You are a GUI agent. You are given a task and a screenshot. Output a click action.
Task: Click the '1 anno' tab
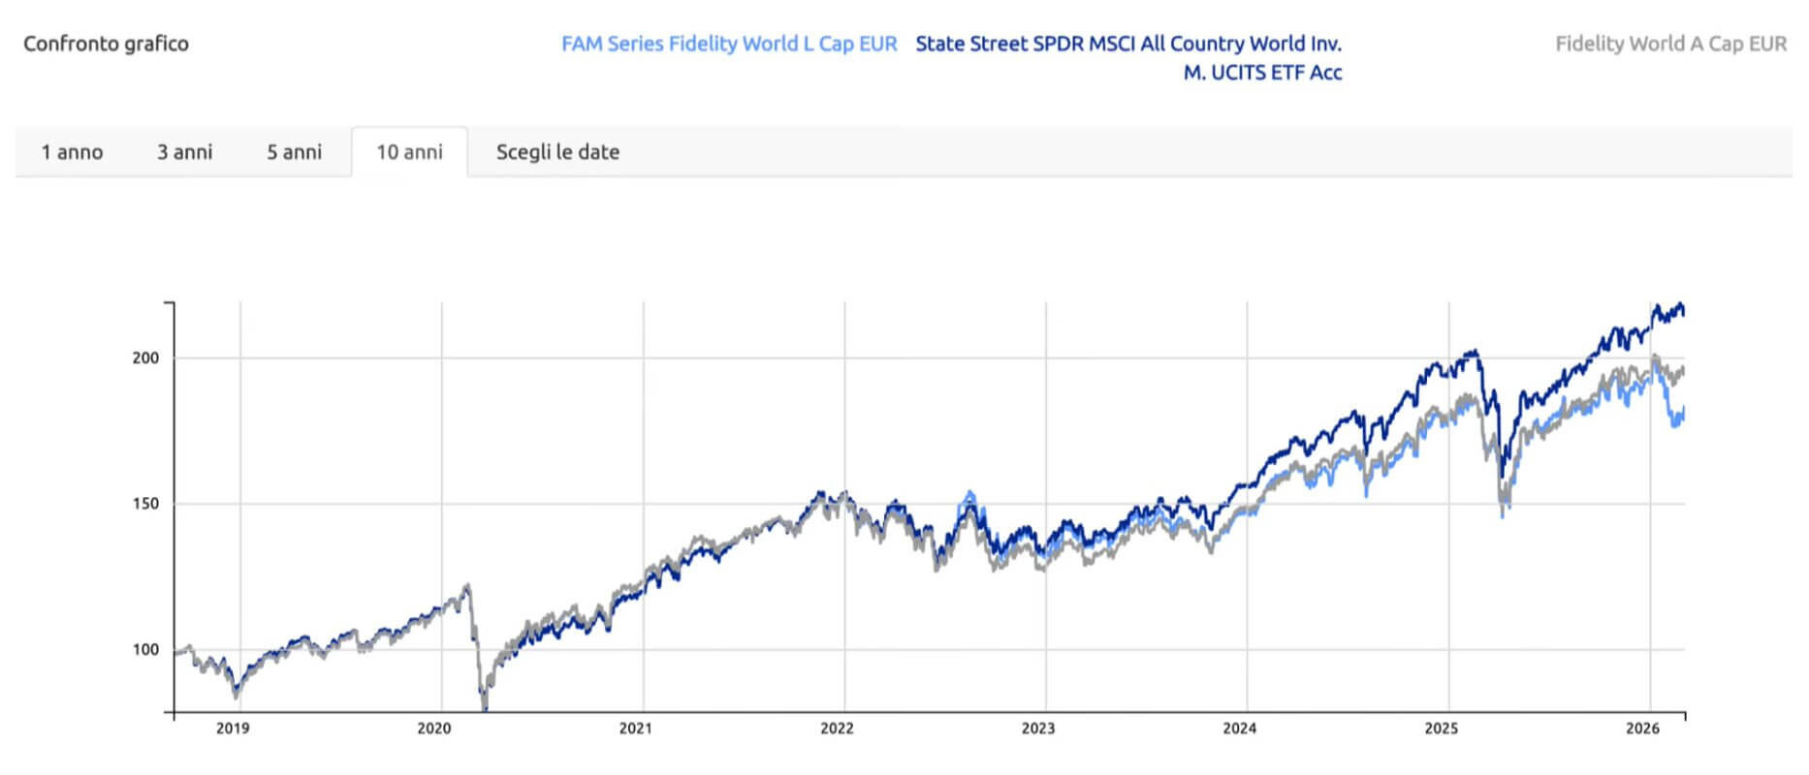72,152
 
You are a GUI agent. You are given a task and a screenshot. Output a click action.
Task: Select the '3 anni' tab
184,152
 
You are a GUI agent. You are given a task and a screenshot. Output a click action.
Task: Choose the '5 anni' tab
294,152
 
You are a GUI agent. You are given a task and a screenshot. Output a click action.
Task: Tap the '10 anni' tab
409,152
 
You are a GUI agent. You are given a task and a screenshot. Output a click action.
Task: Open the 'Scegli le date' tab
557,152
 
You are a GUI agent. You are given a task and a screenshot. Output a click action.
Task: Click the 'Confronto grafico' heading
106,44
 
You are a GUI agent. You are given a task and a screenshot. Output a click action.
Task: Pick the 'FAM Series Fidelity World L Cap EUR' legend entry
729,44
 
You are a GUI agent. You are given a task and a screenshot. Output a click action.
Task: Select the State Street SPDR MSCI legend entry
1128,57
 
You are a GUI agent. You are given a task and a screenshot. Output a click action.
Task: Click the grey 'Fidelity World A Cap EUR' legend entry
1670,44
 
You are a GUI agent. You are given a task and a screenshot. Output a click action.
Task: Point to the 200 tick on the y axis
145,357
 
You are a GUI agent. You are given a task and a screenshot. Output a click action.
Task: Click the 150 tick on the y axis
145,504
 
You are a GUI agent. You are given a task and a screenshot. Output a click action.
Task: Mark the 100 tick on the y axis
145,650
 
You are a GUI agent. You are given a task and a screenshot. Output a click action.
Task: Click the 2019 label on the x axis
233,728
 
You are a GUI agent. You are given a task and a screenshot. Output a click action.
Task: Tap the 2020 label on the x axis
433,728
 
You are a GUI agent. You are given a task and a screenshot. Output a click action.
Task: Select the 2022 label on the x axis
837,728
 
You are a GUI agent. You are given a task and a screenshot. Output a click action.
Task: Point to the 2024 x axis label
1239,728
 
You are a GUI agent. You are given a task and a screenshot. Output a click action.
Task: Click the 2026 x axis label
1642,728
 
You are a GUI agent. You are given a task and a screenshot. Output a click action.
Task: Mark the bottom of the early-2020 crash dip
485,705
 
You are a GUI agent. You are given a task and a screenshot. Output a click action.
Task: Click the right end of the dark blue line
1684,312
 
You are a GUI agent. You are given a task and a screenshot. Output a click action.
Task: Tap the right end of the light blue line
1684,412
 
